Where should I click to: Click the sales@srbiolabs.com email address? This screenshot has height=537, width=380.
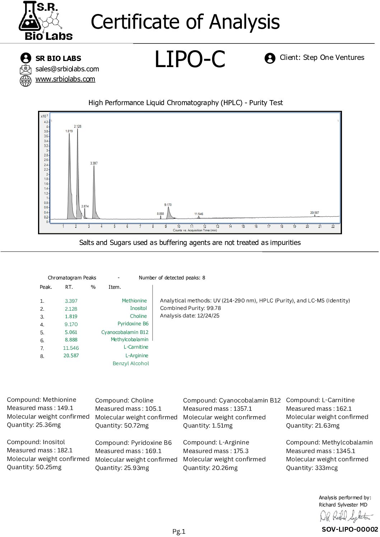click(67, 69)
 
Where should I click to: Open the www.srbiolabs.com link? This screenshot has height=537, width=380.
click(65, 79)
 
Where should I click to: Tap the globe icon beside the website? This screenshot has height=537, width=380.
click(25, 80)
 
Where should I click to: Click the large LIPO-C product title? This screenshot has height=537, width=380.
click(189, 59)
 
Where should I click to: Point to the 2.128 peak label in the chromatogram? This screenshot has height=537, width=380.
click(78, 126)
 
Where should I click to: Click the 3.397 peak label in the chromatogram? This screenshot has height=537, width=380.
click(94, 163)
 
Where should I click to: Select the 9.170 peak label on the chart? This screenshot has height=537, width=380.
click(168, 205)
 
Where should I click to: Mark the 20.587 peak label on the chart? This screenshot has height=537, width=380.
click(314, 213)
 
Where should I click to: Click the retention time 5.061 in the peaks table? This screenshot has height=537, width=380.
click(71, 332)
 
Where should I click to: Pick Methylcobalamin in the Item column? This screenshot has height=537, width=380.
click(129, 339)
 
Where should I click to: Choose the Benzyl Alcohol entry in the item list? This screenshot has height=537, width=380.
click(131, 363)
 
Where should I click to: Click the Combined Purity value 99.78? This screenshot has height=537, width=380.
click(214, 308)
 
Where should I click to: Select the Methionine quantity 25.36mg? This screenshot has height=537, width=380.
click(48, 425)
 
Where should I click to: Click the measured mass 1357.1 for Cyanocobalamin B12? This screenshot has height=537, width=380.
click(243, 409)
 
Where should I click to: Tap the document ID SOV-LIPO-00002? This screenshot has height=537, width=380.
click(350, 529)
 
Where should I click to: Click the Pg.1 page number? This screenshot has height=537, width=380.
click(179, 532)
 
